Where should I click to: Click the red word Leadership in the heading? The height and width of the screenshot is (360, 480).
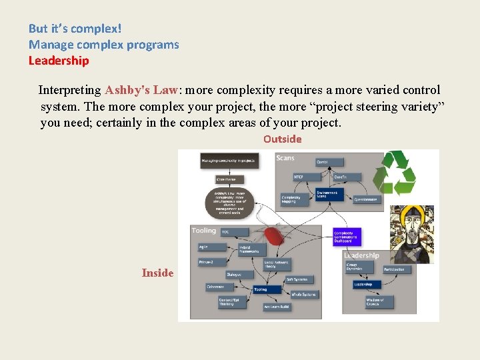point(59,61)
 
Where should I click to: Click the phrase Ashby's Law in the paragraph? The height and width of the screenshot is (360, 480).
point(140,90)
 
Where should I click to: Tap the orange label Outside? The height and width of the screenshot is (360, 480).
point(282,139)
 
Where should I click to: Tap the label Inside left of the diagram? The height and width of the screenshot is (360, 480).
point(157,273)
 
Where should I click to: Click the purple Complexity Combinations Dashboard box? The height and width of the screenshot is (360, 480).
point(346,237)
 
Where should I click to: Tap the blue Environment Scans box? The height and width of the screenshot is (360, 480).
point(327,194)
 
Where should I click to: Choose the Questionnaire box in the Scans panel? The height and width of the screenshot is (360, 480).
point(365,199)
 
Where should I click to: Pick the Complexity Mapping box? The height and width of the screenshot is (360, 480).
point(291,199)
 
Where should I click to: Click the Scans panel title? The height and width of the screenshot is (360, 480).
point(285,158)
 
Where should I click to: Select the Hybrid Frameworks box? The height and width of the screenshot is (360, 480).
point(253,249)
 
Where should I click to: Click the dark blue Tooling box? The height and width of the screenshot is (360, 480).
point(260,289)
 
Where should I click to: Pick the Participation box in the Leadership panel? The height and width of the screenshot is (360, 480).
point(397,269)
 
